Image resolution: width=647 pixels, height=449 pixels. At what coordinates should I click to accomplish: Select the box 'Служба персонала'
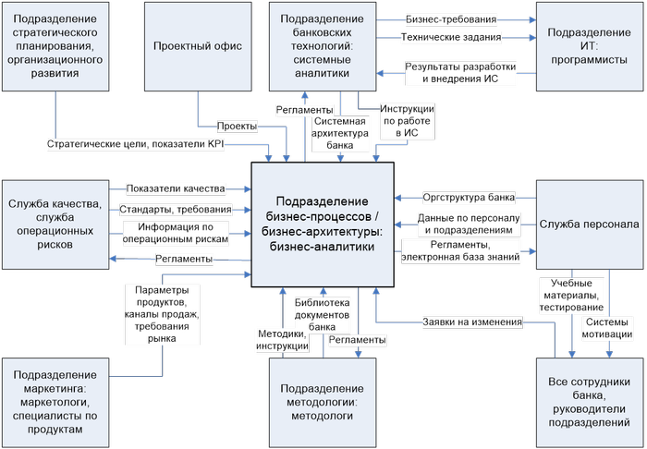pos(590,224)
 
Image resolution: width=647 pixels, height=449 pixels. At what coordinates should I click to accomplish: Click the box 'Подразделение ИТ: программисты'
pos(590,45)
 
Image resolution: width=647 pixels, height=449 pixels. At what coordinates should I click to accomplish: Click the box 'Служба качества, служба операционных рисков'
pos(53,224)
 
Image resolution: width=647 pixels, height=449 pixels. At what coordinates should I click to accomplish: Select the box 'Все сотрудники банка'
pos(590,402)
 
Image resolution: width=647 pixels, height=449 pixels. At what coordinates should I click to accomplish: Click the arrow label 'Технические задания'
pos(451,38)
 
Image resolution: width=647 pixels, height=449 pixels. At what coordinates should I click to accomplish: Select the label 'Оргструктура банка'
pos(469,197)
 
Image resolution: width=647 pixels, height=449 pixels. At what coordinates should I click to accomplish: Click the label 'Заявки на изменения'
pos(472,322)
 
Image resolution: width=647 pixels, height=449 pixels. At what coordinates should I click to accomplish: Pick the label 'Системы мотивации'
pos(607,328)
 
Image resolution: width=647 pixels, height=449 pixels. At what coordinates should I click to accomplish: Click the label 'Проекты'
pos(237,126)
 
